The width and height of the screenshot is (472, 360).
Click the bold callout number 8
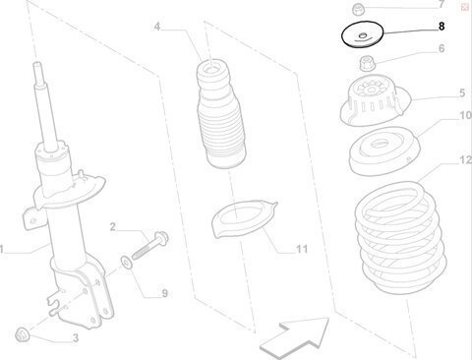tap(442, 26)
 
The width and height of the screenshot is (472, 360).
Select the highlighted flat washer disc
tap(363, 34)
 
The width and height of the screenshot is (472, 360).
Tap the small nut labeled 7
tap(357, 9)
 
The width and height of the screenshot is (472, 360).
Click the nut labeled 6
tap(367, 63)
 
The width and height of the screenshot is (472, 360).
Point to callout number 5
tap(462, 93)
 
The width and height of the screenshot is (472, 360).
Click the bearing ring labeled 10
tap(383, 151)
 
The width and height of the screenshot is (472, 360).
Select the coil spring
tap(400, 238)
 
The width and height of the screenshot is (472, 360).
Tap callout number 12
tap(465, 160)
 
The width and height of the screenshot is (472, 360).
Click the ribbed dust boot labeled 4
tap(220, 114)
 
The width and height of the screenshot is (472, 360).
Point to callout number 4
tap(157, 27)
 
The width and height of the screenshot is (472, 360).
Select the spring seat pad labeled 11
tap(244, 218)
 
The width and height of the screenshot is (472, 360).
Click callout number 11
tap(302, 249)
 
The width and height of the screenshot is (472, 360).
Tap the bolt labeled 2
tap(150, 245)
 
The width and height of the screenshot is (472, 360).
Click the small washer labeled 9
tap(126, 262)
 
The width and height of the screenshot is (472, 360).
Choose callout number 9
tap(164, 293)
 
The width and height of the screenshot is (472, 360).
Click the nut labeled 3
tap(23, 334)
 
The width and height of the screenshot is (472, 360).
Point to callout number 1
tap(2, 249)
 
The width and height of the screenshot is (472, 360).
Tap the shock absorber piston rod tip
tap(36, 64)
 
